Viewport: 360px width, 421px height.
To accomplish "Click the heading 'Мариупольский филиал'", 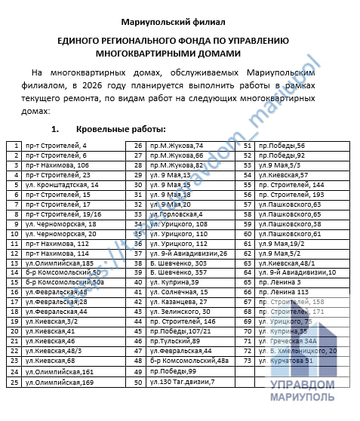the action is (179, 16).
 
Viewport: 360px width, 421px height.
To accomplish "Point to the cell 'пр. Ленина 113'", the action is (284, 292).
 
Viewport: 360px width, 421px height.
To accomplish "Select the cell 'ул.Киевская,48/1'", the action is (288, 263).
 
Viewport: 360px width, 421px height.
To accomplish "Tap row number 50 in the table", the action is (139, 381).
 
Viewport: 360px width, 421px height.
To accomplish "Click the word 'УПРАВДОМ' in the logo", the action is (301, 384).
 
